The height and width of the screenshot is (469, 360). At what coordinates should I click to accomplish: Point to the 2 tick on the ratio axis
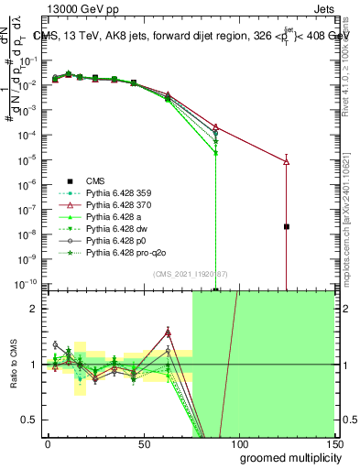37,309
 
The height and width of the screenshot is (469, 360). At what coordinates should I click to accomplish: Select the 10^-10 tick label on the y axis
30,285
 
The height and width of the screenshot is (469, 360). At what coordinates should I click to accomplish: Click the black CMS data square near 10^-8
287,226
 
